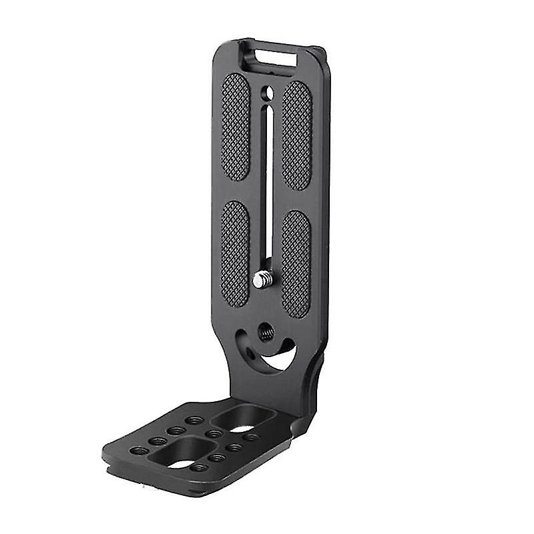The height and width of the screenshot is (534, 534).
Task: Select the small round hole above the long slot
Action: (267, 92)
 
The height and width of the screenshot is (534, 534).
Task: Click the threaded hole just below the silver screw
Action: (266, 332)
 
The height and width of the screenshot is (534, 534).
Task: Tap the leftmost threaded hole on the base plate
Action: (138, 451)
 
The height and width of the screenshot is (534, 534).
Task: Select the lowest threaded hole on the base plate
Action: (198, 468)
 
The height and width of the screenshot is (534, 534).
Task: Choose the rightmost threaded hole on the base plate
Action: (250, 437)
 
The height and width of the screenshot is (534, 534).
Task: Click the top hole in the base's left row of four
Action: (194, 421)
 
